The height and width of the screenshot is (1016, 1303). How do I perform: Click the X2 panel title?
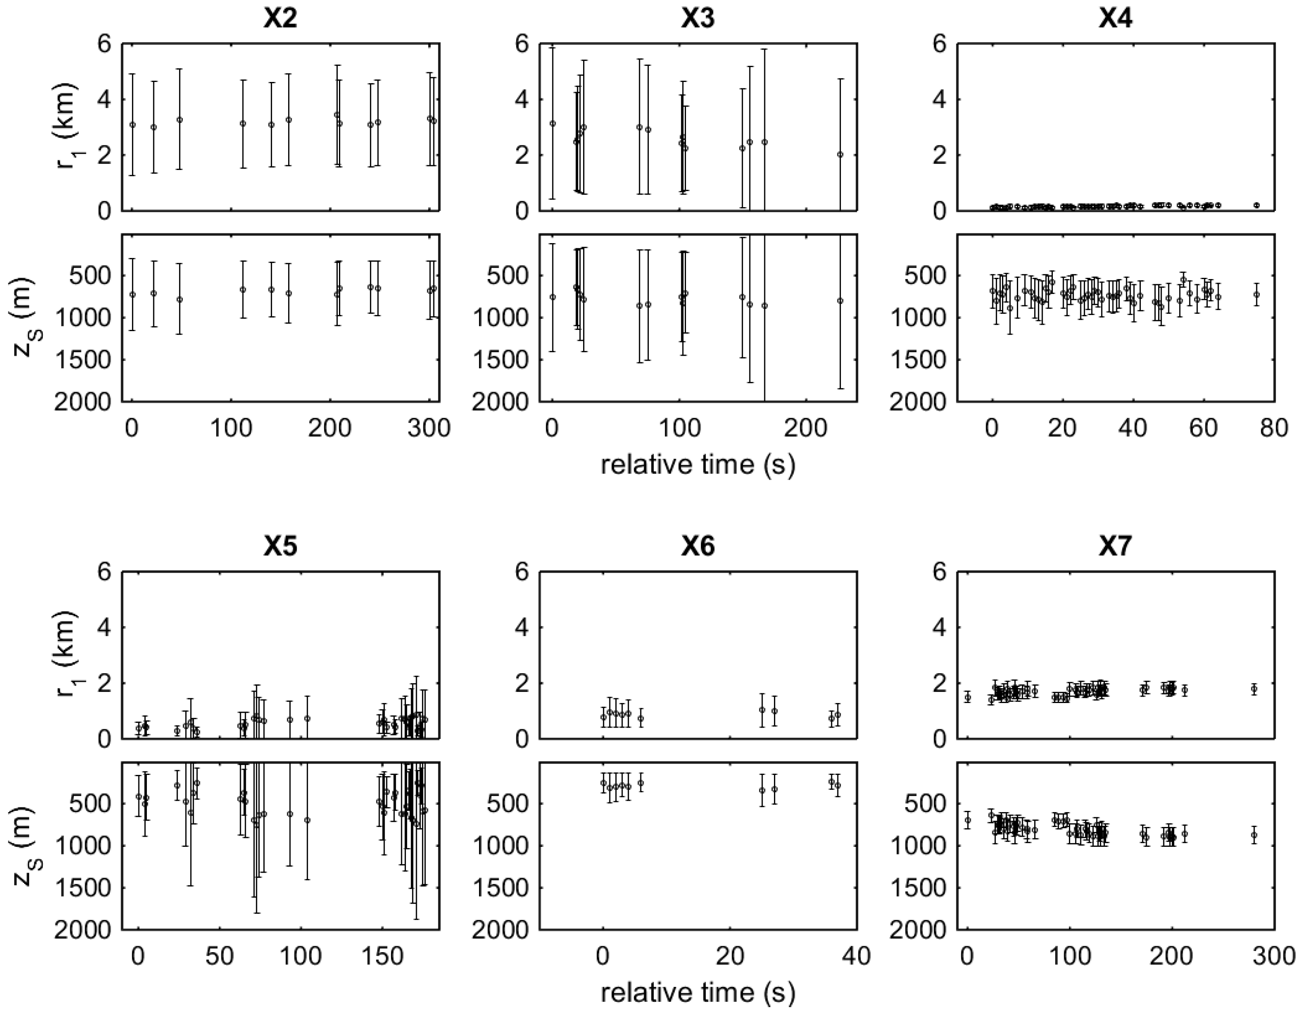tap(280, 20)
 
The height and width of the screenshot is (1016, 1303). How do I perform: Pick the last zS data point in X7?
tap(1254, 835)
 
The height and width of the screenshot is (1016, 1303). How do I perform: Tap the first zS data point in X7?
tap(968, 820)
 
